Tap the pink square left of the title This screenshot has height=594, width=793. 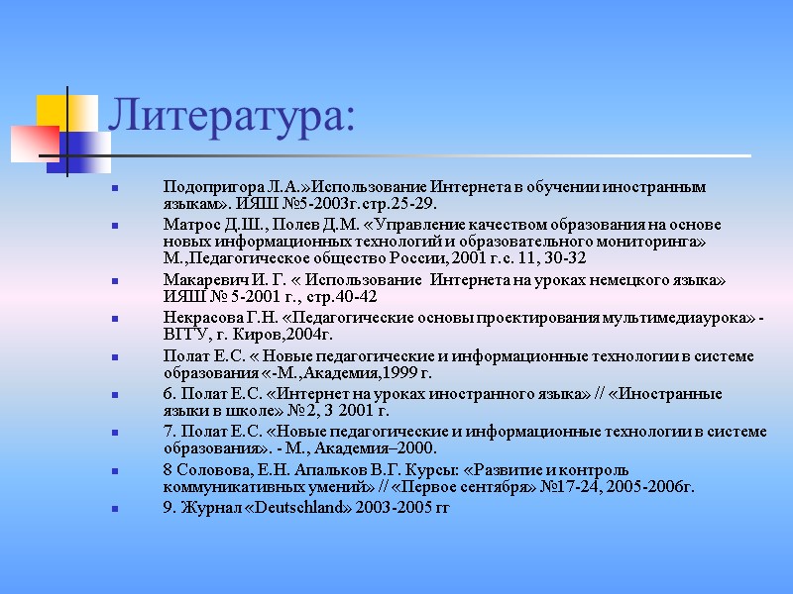click(x=33, y=143)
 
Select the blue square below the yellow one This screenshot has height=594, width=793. click(x=79, y=149)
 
